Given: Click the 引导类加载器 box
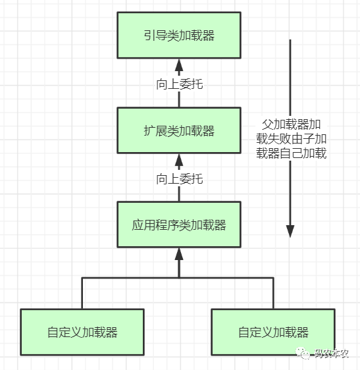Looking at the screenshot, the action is [x=179, y=35].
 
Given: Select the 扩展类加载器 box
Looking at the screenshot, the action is [x=179, y=130].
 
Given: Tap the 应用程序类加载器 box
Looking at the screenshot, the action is [x=179, y=225].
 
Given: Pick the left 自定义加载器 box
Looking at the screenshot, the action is [x=82, y=332].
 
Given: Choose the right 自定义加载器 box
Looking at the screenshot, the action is [x=273, y=332].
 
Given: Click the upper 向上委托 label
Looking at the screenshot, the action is [x=179, y=84].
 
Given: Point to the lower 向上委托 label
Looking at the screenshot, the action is [x=179, y=178].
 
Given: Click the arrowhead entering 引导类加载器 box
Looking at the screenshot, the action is [x=179, y=65].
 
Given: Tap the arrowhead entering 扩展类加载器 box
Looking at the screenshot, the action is [x=179, y=160].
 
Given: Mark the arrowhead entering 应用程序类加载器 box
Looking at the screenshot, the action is [x=179, y=253].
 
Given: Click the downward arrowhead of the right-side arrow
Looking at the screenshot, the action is [x=290, y=231].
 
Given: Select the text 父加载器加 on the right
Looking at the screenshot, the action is [x=292, y=124].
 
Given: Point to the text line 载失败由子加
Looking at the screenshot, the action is [x=292, y=139].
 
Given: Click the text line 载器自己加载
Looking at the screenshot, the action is [x=292, y=153].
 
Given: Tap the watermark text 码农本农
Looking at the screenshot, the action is [x=331, y=354].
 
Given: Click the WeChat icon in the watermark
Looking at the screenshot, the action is [x=303, y=354].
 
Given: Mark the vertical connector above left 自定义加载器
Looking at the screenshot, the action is [x=82, y=294].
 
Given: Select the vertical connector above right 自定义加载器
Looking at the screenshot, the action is [x=273, y=294].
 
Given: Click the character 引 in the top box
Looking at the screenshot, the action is [x=149, y=36].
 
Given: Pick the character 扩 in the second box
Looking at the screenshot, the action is [x=149, y=131].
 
